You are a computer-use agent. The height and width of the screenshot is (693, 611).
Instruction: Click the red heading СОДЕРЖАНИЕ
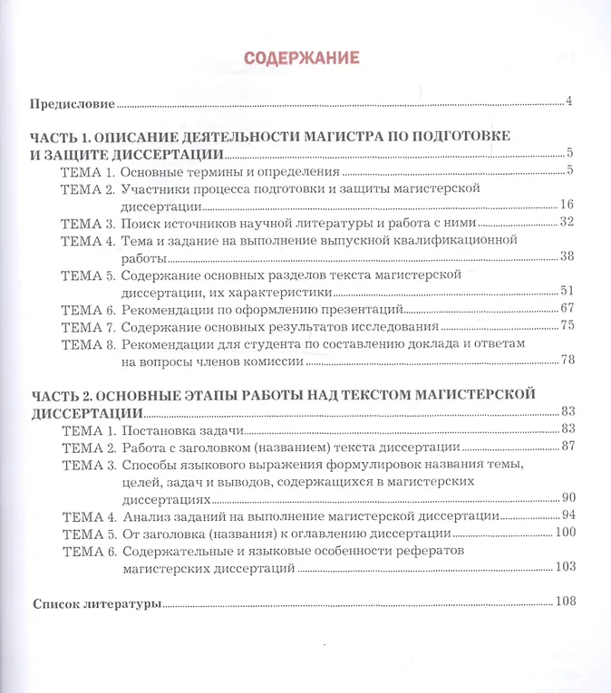[x=302, y=58]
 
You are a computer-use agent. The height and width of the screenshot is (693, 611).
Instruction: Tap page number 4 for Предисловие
[x=568, y=101]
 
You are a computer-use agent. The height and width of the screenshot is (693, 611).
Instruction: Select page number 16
[x=567, y=204]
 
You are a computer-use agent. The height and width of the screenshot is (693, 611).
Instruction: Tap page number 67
[x=568, y=308]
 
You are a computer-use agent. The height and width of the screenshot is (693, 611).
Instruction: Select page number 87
[x=569, y=446]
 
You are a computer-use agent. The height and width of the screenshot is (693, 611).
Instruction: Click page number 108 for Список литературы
[x=565, y=602]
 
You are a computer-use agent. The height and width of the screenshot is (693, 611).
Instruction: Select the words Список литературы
[x=97, y=603]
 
